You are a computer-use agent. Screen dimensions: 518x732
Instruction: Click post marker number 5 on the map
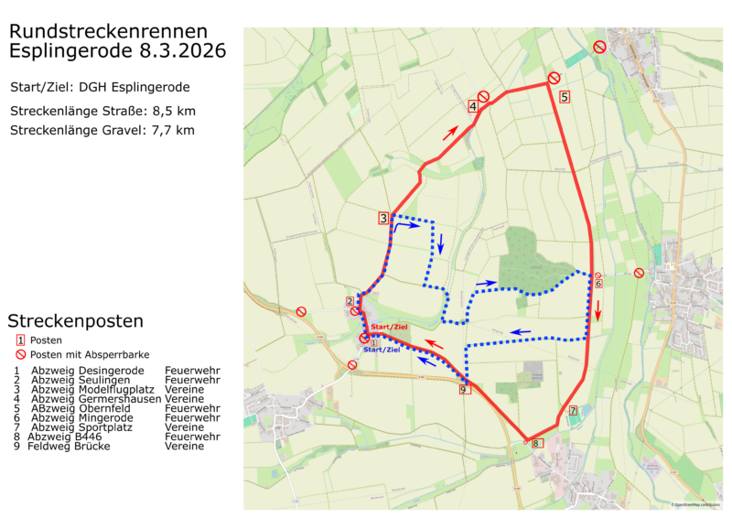pos(565,96)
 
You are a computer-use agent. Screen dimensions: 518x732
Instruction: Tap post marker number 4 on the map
pos(473,106)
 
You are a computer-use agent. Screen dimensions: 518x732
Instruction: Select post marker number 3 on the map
pos(384,218)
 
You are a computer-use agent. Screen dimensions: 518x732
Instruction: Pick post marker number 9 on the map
pos(464,390)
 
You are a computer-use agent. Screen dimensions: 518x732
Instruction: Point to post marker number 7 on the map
pos(573,411)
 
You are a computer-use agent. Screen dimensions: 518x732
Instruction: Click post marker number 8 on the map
pos(535,443)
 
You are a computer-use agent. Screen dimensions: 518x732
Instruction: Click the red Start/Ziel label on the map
pos(389,327)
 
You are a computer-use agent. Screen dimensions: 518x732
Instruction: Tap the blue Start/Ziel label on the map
pos(382,350)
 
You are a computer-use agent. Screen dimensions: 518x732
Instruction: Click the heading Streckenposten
pos(75,321)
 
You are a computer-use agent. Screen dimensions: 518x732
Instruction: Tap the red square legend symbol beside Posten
pos(19,340)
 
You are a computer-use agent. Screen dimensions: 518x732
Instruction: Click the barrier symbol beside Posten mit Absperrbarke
pos(19,354)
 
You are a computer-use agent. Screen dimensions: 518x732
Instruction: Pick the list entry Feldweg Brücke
pos(69,447)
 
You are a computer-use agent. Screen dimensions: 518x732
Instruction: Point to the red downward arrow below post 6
pos(599,312)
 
